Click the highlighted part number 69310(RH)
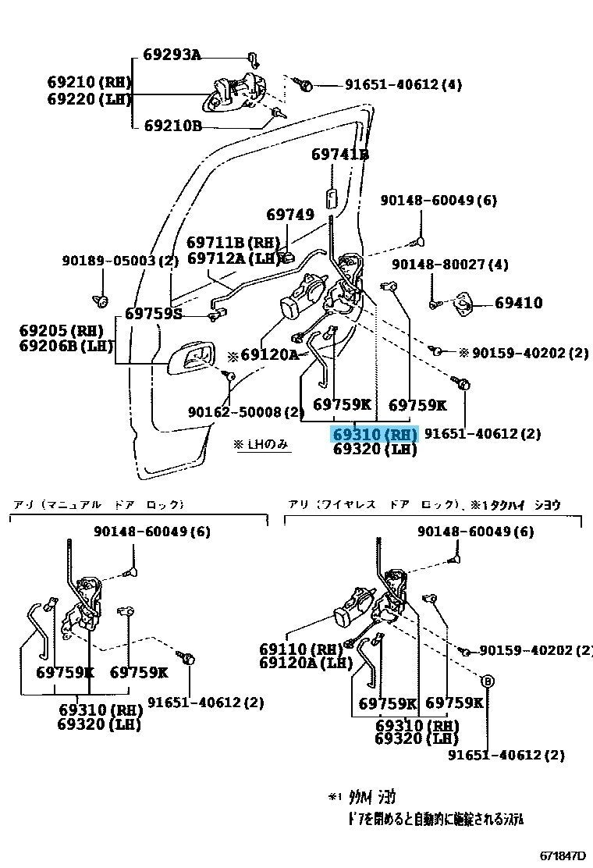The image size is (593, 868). click(x=375, y=434)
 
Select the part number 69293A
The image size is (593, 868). click(x=172, y=55)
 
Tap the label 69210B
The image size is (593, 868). click(x=172, y=126)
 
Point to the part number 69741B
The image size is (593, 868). click(x=340, y=155)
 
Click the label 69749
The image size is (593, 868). click(x=289, y=214)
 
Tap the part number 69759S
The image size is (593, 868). click(x=153, y=314)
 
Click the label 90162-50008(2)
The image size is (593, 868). click(x=246, y=411)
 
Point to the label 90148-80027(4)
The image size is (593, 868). click(x=449, y=265)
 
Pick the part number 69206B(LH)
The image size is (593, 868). click(x=66, y=346)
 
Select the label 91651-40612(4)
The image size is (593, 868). click(x=393, y=84)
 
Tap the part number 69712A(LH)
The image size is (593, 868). click(x=233, y=258)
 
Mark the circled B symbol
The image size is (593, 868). click(x=488, y=681)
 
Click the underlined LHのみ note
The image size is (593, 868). click(x=261, y=445)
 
